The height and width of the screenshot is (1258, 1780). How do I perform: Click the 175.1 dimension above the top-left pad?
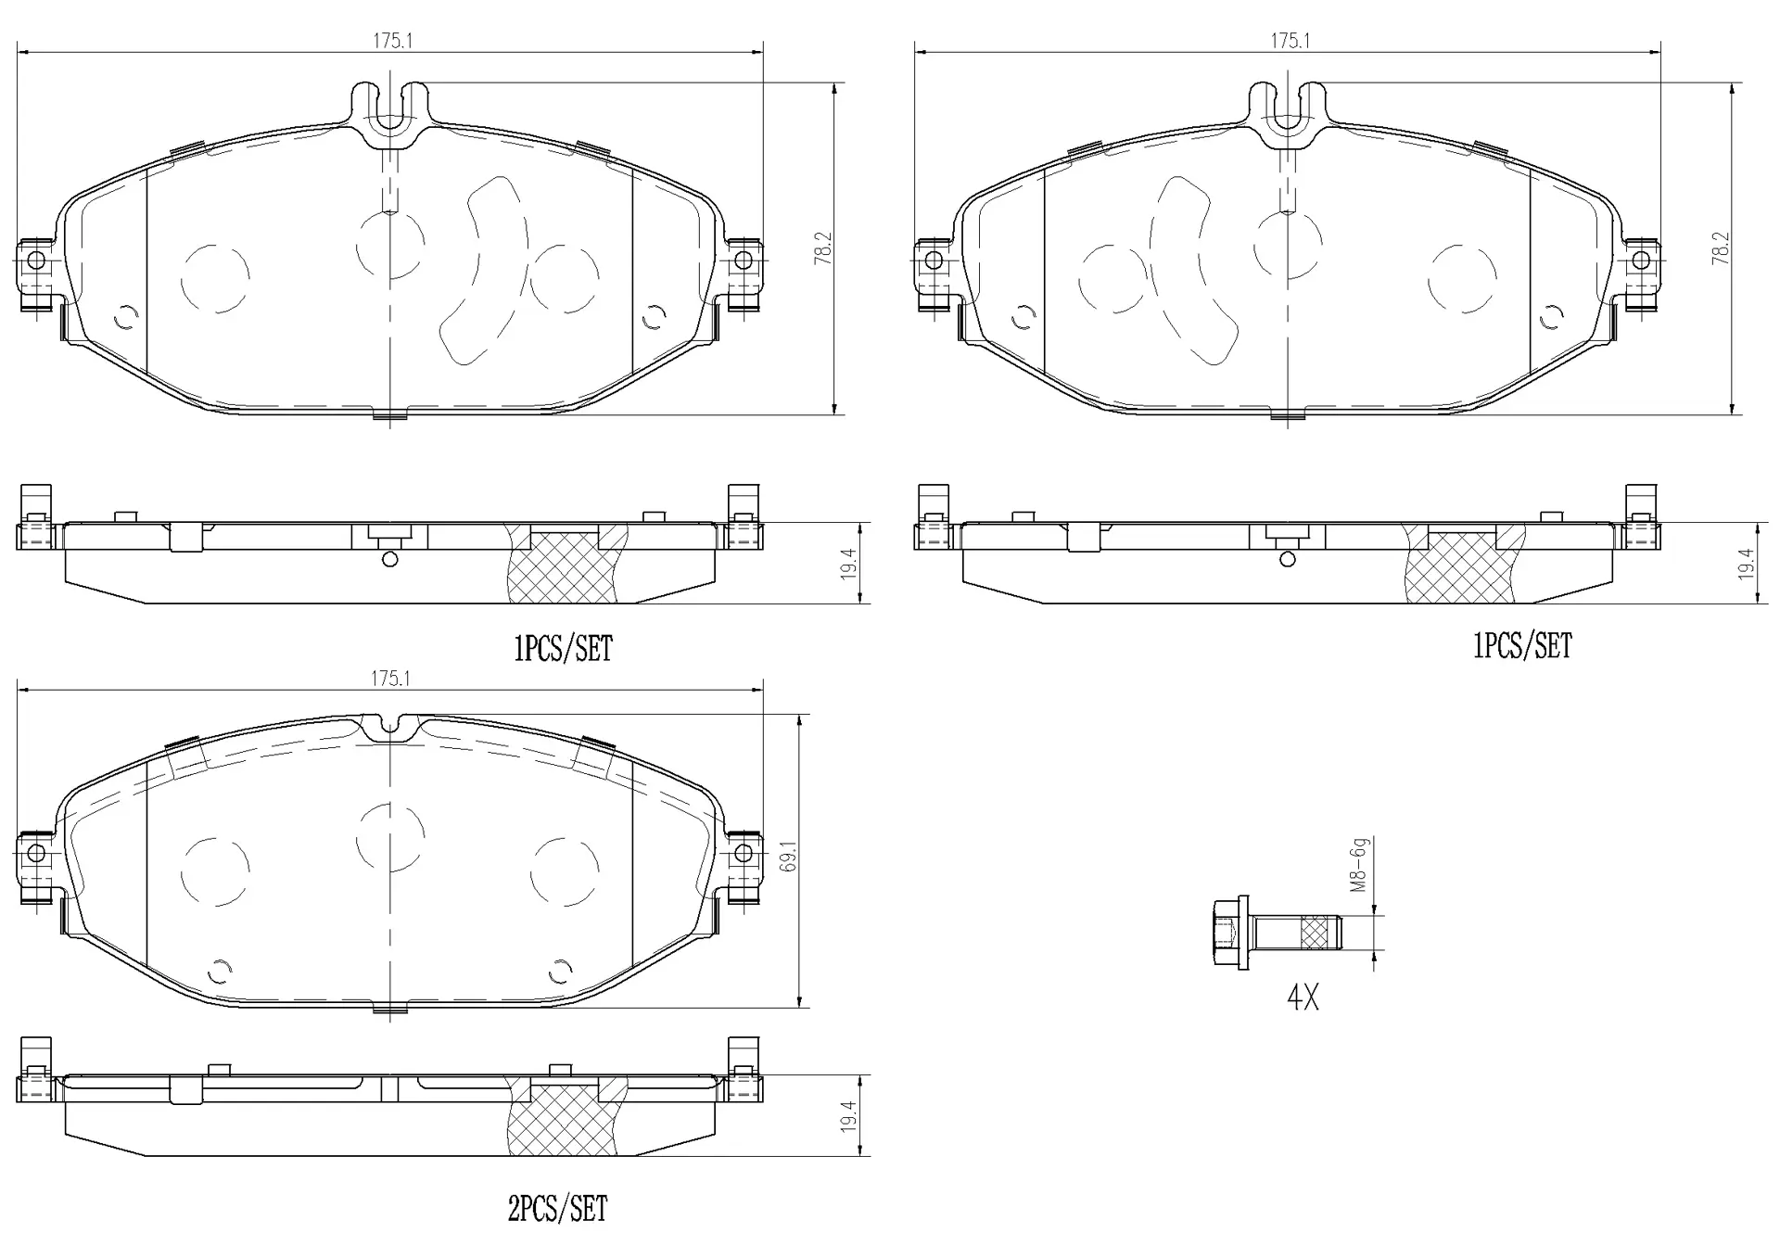[392, 41]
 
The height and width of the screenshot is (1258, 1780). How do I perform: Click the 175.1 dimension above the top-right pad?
[1290, 41]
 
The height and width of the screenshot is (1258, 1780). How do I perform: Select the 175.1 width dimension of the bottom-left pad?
[390, 679]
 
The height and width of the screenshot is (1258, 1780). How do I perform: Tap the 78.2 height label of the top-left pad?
[823, 248]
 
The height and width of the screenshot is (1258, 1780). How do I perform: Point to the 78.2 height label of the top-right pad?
[1721, 248]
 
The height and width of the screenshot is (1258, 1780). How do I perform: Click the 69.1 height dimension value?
[789, 861]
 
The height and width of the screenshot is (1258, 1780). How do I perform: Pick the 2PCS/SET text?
[557, 1209]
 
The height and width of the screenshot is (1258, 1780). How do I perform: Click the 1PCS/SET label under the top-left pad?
[564, 649]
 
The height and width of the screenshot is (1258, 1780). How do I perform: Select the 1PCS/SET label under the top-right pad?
[1523, 646]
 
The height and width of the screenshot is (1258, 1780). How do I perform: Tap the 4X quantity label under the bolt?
[1303, 998]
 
